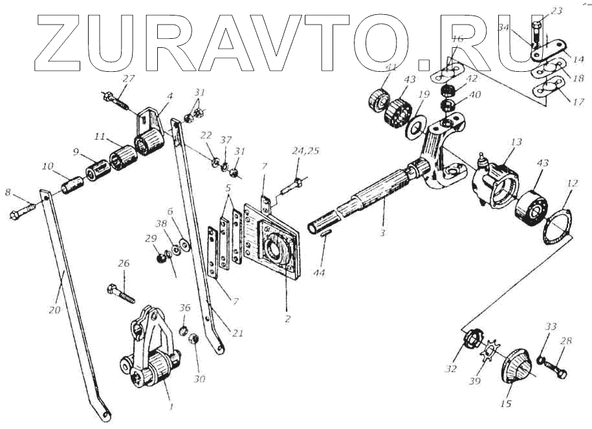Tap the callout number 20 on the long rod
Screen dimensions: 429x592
click(54, 310)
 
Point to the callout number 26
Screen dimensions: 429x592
click(123, 263)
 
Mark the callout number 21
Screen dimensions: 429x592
click(237, 334)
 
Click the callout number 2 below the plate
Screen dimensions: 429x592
click(286, 319)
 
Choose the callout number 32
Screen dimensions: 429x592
click(451, 369)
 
